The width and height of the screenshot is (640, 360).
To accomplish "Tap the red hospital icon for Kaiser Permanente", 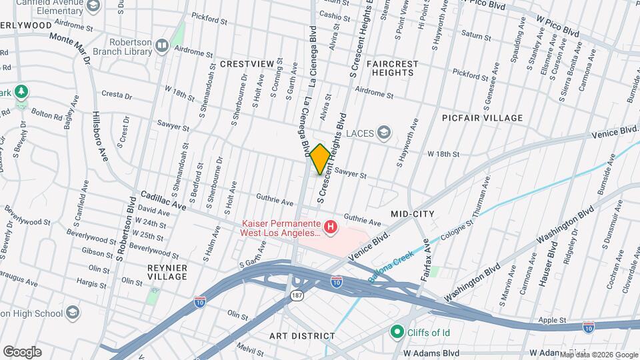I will (330, 229).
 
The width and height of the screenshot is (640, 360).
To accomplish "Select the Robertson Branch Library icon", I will (161, 45).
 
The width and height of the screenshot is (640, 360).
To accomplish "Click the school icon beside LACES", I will (383, 133).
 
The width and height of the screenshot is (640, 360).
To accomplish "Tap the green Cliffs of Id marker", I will (398, 331).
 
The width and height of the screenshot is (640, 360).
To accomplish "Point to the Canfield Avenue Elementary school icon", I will (93, 6).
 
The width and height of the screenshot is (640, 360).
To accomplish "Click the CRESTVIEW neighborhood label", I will (247, 64).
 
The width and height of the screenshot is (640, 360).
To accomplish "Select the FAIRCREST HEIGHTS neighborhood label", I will (392, 69).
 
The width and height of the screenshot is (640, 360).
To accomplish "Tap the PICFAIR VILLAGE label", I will (482, 118).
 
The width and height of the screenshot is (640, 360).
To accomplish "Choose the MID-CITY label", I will (412, 214).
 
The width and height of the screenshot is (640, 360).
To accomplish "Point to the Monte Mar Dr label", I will (70, 47).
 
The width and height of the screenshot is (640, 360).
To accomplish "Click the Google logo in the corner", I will (22, 351).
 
